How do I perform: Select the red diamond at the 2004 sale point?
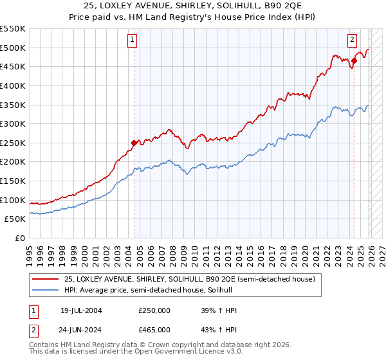(x=134, y=143)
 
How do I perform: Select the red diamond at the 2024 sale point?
(x=353, y=61)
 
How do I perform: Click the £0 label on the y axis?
(x=20, y=238)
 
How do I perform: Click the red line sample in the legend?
(x=45, y=280)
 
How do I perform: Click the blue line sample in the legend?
(x=45, y=291)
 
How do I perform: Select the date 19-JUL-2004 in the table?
(x=82, y=310)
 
